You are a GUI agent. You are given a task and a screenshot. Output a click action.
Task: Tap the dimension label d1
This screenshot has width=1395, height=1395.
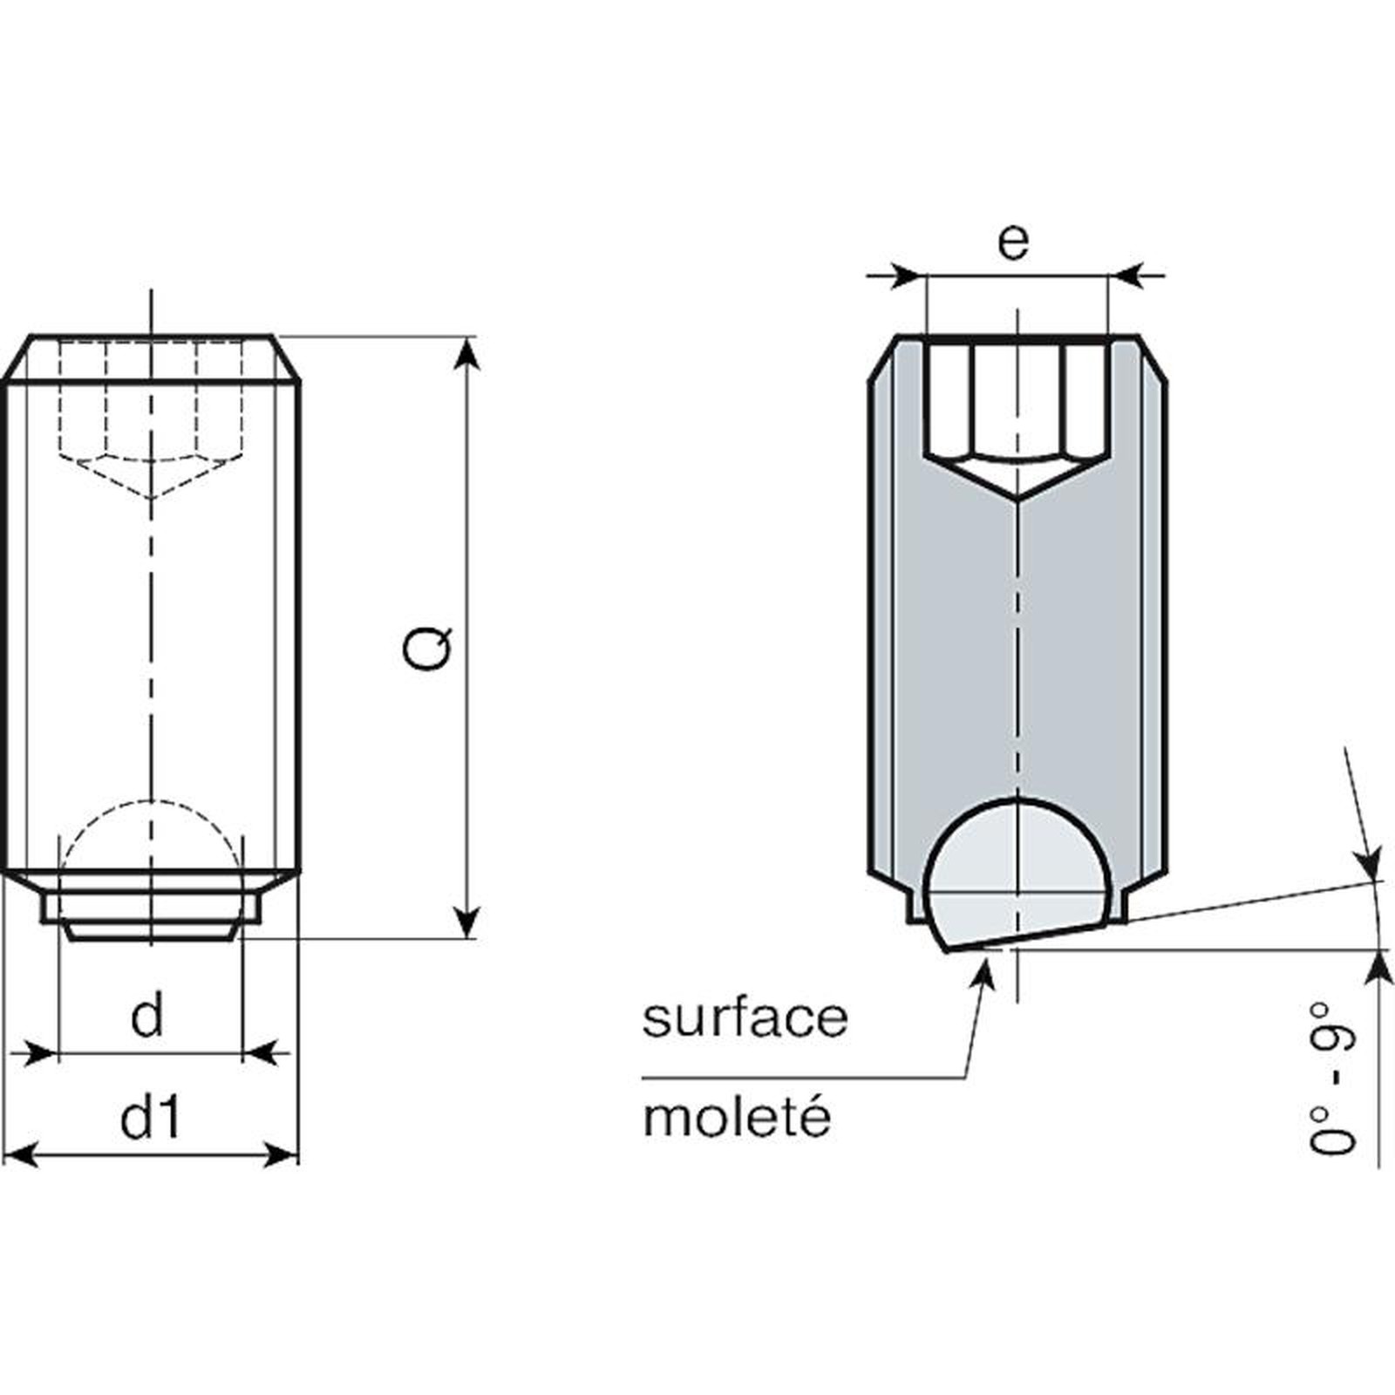coord(151,1118)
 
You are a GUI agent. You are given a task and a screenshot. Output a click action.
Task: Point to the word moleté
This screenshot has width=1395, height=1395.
coord(737,1116)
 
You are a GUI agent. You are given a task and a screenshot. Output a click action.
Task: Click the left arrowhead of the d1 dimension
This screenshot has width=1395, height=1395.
coord(23,1157)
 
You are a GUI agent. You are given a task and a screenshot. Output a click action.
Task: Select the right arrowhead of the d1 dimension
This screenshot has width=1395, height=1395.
coord(280,1157)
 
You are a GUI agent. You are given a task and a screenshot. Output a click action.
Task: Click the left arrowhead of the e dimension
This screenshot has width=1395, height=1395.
coord(904,276)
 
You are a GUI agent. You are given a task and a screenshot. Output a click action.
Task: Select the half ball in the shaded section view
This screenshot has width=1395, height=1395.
coord(1017,875)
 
